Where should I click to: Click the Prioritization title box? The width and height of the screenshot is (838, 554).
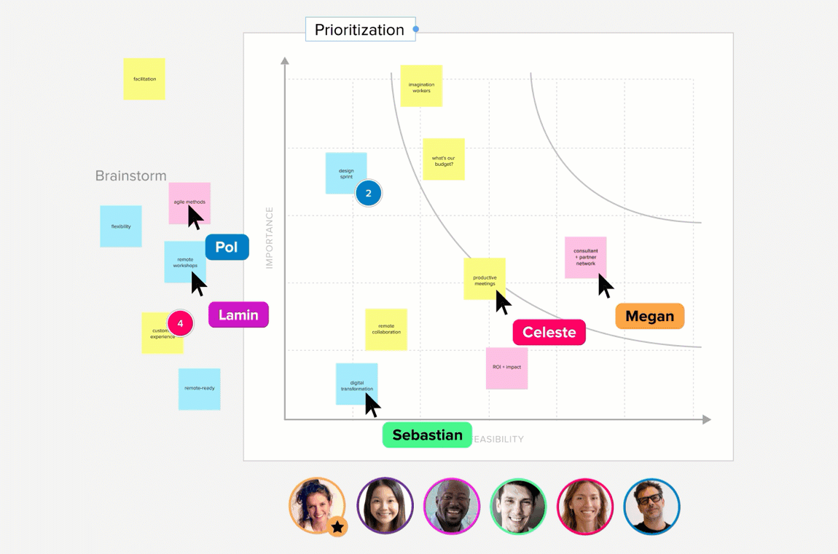click(x=360, y=30)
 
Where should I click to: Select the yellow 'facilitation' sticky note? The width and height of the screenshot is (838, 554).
click(x=144, y=79)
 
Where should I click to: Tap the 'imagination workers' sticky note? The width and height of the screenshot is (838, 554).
click(x=421, y=87)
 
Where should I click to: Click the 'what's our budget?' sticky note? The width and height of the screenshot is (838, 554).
click(x=443, y=159)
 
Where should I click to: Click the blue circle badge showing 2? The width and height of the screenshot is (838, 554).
click(x=369, y=194)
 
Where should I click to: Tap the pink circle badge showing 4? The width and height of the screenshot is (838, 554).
click(x=180, y=322)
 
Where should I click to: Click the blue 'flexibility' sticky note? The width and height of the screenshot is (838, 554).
click(x=121, y=226)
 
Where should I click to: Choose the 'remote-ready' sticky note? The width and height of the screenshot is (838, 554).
click(x=199, y=389)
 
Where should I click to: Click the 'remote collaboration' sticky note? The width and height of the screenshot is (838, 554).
click(x=386, y=329)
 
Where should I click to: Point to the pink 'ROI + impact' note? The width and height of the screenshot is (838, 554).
click(x=506, y=368)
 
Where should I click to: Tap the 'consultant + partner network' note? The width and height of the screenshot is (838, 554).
click(x=585, y=257)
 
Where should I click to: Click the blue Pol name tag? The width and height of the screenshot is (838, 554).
click(x=227, y=248)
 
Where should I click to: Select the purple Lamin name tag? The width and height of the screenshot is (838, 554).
click(x=238, y=314)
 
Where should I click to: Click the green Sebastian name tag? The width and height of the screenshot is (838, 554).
click(x=427, y=435)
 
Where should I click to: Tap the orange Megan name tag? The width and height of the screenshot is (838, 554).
click(x=649, y=317)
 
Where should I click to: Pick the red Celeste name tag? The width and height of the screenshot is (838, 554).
click(x=549, y=333)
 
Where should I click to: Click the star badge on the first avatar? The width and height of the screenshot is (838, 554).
click(x=337, y=527)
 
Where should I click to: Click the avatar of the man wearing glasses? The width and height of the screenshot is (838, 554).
click(x=651, y=506)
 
